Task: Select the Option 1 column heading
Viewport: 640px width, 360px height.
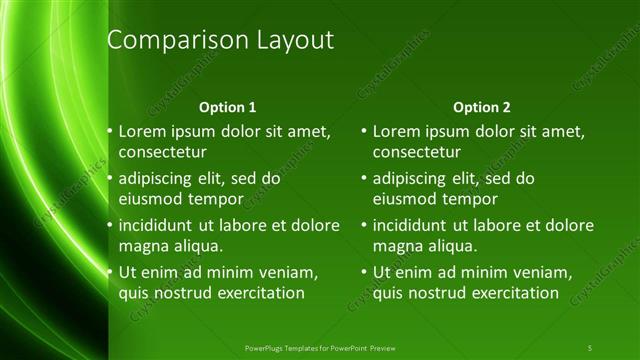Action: tap(228, 107)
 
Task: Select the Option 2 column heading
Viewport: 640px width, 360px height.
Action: tap(482, 107)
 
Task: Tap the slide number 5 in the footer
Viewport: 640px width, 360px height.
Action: tap(590, 347)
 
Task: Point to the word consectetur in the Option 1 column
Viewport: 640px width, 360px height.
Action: tap(163, 152)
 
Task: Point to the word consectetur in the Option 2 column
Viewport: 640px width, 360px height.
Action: tap(417, 152)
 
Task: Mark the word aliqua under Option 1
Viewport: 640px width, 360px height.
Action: tap(196, 246)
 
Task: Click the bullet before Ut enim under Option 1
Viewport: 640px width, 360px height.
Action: tap(110, 273)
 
